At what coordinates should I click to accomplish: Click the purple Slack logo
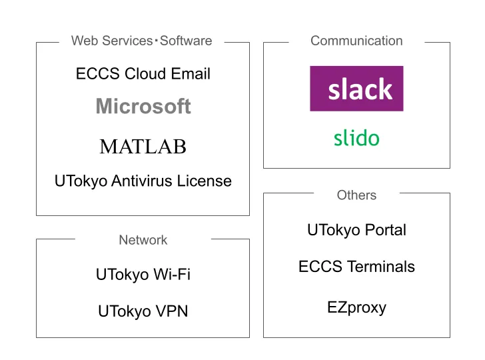click(356, 89)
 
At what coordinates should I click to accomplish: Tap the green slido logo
click(356, 139)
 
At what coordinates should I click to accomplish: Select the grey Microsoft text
click(143, 107)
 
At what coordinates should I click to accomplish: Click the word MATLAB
click(143, 147)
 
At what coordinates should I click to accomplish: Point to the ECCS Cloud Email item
click(143, 74)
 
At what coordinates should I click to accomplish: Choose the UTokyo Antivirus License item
click(143, 181)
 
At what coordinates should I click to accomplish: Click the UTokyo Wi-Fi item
click(143, 274)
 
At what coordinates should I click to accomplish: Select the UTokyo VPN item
click(143, 311)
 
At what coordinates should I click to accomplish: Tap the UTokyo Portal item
click(356, 231)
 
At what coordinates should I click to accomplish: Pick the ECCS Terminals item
click(356, 267)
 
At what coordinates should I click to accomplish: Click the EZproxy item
click(356, 307)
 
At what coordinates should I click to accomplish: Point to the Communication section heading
click(356, 41)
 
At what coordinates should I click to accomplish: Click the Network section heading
click(143, 240)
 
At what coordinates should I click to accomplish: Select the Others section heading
click(356, 195)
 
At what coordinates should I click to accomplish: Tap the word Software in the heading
click(186, 41)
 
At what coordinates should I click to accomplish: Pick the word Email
click(191, 74)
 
